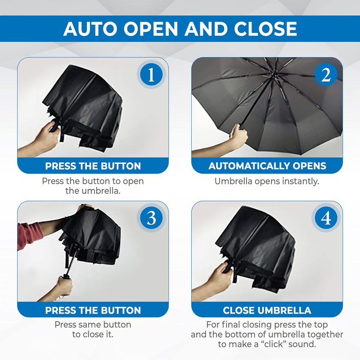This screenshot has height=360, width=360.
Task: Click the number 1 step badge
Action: click(151, 75)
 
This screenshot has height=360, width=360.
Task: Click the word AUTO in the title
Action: click(92, 29)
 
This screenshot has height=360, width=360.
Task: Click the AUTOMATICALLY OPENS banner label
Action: click(267, 166)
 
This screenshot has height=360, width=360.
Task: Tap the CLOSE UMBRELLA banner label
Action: click(267, 310)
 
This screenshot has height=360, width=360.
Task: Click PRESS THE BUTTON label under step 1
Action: click(93, 166)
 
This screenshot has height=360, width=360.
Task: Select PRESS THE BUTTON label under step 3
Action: click(93, 310)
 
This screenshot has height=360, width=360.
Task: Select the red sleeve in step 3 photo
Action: click(29, 234)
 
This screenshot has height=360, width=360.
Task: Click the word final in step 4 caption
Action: click(235, 324)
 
